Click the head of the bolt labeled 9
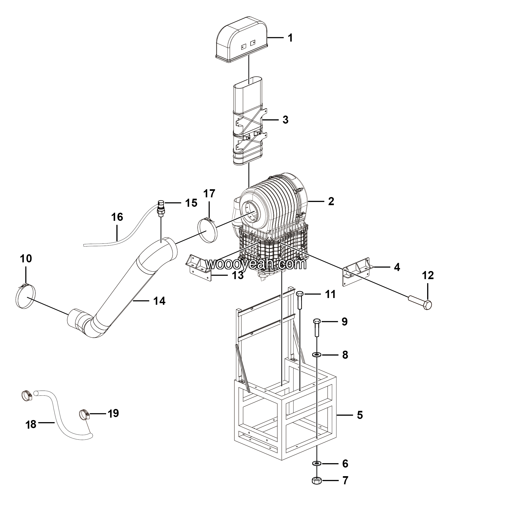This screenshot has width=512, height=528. [317, 321]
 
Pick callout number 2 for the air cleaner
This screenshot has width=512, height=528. [331, 201]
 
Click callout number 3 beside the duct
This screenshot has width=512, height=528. [285, 120]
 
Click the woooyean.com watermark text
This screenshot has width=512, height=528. [256, 264]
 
